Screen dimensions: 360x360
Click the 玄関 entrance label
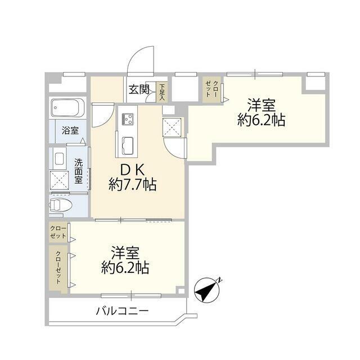[x=139, y=89]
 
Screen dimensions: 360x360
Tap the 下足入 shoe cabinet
[x=162, y=92]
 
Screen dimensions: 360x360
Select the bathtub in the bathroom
[x=67, y=107]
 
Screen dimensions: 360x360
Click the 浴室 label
[x=70, y=130]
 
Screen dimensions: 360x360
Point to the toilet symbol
[x=61, y=205]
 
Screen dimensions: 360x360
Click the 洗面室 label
[x=78, y=171]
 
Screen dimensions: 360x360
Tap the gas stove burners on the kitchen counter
[x=128, y=119]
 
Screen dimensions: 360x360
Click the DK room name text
[x=133, y=170]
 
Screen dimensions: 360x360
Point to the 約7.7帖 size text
[x=133, y=184]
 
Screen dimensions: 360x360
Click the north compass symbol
[x=206, y=290]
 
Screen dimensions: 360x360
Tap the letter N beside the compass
[x=220, y=280]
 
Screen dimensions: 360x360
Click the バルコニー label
[x=123, y=311]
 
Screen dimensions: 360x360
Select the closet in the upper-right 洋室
[x=211, y=89]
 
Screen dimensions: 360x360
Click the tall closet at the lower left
[x=58, y=269]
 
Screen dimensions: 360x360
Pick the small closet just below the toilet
[x=58, y=232]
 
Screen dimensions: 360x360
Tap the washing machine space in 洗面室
[x=59, y=181]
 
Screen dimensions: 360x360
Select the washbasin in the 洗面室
[x=60, y=159]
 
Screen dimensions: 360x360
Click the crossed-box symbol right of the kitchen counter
[x=172, y=127]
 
